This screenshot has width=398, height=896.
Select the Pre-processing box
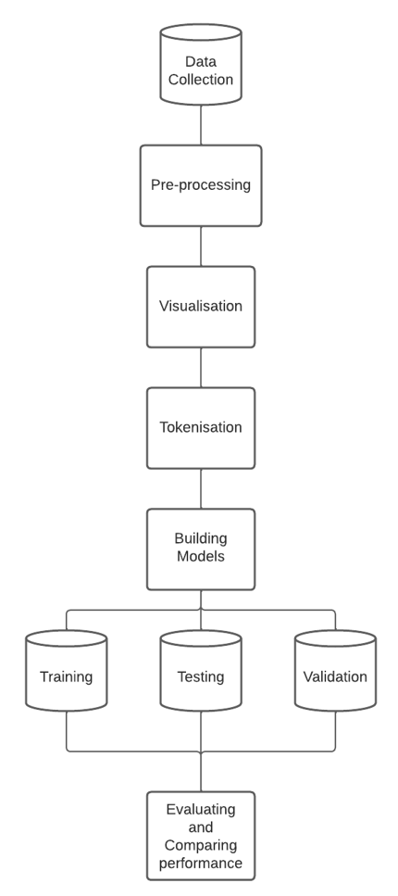(x=201, y=185)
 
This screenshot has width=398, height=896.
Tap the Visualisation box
(x=201, y=307)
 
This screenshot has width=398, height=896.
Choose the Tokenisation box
(x=201, y=427)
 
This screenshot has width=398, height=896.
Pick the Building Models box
(x=201, y=549)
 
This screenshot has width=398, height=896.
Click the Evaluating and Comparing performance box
(x=201, y=837)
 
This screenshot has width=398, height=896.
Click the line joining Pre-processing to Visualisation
(x=201, y=246)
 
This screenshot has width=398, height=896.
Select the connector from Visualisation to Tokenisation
(x=201, y=367)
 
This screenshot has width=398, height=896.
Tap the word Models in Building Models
(x=201, y=558)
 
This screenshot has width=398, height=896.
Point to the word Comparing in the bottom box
(x=201, y=846)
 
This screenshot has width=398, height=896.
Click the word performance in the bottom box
(x=201, y=864)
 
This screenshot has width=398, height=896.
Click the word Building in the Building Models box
(x=201, y=539)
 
